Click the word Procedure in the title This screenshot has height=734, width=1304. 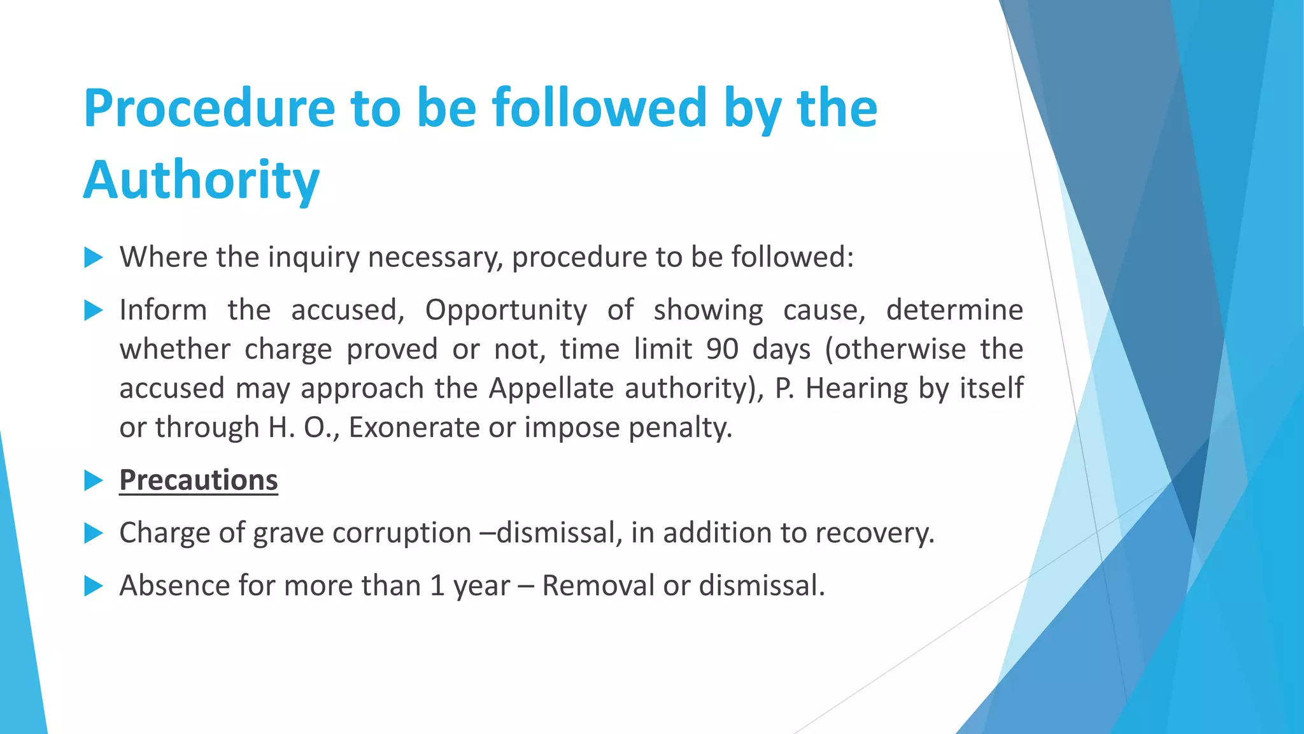[x=209, y=108]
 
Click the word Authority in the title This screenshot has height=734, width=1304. [x=201, y=180]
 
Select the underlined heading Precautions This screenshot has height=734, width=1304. [x=199, y=480]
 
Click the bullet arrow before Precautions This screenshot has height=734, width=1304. [x=94, y=481]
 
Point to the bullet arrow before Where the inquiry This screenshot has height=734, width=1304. [x=94, y=258]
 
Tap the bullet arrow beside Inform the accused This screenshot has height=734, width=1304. [x=94, y=311]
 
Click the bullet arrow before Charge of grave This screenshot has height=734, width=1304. [x=94, y=533]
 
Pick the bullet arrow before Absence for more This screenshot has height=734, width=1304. [x=94, y=586]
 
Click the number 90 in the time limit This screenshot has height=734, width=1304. [x=722, y=349]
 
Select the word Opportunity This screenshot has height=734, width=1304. [x=506, y=310]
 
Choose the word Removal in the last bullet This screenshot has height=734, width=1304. [x=598, y=586]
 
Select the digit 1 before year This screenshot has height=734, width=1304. [x=437, y=586]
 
